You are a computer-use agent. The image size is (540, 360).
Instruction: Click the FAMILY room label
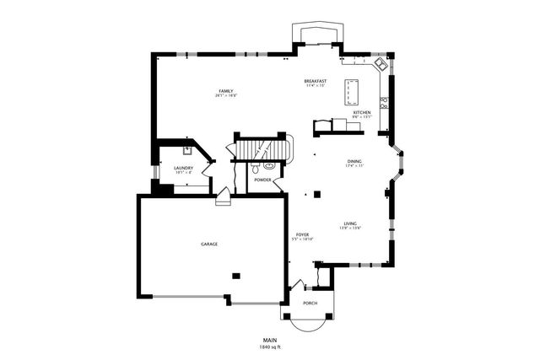(225, 91)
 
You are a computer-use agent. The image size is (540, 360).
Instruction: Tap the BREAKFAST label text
(316, 81)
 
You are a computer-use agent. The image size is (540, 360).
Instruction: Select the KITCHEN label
(362, 112)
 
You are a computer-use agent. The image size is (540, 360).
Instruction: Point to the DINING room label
(354, 161)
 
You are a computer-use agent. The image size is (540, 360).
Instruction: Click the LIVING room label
(350, 223)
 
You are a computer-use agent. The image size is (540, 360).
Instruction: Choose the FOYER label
(302, 234)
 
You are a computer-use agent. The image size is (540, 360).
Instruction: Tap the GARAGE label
(209, 244)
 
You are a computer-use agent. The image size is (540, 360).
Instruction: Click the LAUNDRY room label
(184, 168)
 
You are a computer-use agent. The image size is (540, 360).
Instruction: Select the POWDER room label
(262, 180)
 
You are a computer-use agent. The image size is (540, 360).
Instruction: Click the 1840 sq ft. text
(270, 347)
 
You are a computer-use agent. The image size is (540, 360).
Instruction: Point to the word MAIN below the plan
(270, 340)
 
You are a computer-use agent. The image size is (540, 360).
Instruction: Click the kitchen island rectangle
(352, 89)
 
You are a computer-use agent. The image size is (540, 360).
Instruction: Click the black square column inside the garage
(236, 274)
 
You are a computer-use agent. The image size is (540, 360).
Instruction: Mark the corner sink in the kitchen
(382, 64)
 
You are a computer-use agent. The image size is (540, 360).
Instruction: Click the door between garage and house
(223, 199)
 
